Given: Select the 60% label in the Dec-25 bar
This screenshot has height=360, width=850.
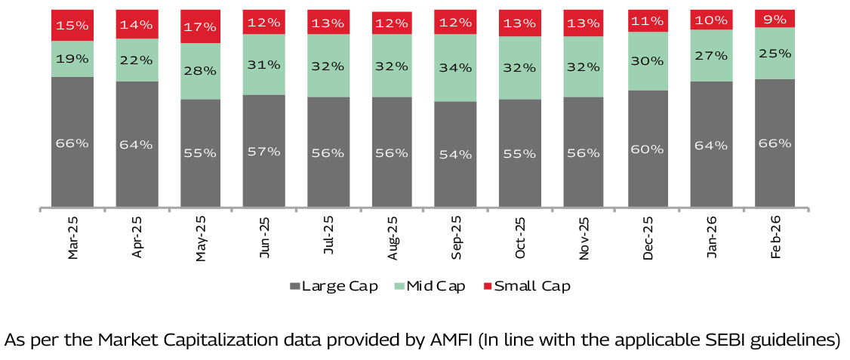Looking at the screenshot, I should (648, 149).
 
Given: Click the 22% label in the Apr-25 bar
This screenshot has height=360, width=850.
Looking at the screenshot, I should (137, 60).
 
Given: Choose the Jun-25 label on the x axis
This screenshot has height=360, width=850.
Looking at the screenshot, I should (265, 239).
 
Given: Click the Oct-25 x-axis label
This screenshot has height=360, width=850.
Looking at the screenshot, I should (520, 239).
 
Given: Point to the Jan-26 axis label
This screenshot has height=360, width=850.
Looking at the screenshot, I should (712, 239).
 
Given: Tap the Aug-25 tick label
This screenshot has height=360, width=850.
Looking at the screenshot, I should (393, 239).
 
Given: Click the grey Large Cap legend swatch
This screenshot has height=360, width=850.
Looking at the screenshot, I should (294, 287).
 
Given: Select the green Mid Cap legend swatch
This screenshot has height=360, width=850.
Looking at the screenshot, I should (399, 287).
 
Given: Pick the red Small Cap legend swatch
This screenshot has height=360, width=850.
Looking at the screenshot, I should (487, 287).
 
